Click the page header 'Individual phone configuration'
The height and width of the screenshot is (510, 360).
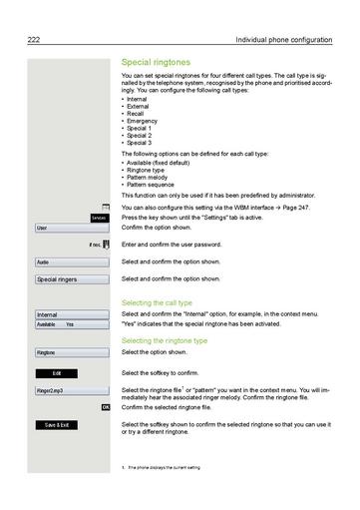pos(283,39)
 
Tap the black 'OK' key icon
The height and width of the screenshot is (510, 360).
pos(106,407)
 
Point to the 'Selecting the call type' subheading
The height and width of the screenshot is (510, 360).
pos(157,301)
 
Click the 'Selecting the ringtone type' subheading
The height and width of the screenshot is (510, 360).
pos(164,340)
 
